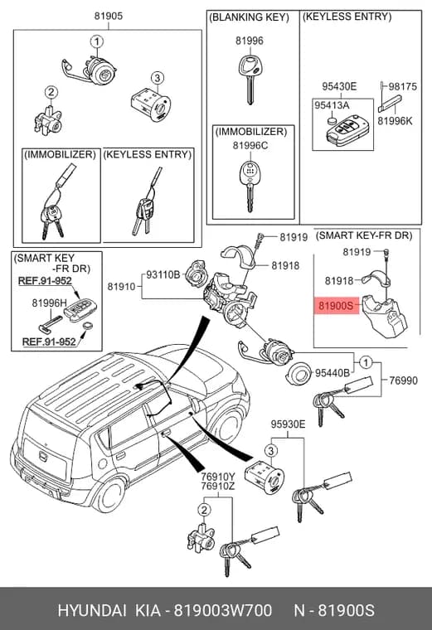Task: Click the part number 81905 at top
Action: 109,16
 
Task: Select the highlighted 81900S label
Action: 336,306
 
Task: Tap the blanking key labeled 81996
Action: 250,80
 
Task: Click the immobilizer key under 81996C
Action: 250,187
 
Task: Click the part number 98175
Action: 403,87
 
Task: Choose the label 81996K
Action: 395,121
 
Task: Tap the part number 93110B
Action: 163,275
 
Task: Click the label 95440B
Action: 332,373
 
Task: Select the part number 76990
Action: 403,380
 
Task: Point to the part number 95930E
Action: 288,424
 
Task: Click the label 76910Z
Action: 218,487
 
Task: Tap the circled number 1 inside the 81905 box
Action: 96,41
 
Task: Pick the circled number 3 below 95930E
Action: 271,451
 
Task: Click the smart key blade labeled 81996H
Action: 50,324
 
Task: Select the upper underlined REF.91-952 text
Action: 45,281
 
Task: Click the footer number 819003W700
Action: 222,610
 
